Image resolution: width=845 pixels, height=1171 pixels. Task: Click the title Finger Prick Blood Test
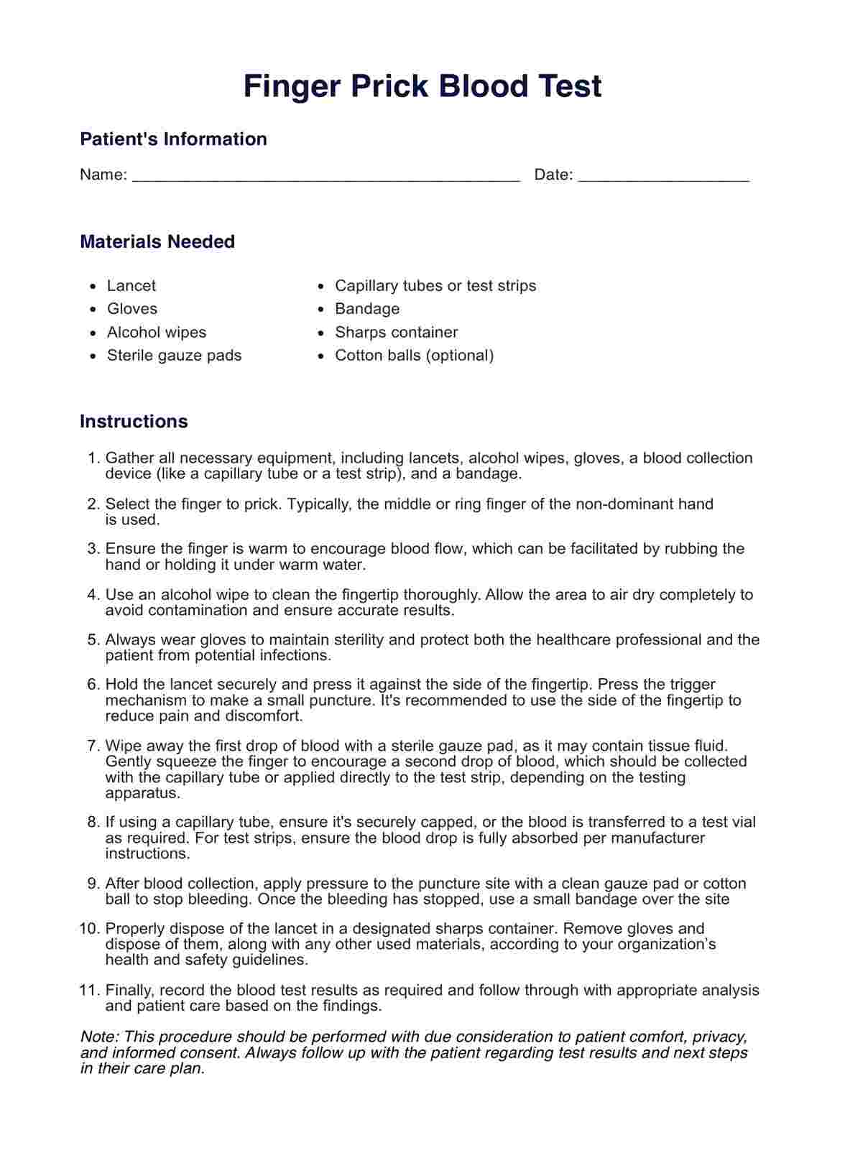coord(422,86)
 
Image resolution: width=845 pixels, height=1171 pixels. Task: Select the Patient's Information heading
coord(173,139)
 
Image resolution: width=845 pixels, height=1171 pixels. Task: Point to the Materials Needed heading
coord(157,241)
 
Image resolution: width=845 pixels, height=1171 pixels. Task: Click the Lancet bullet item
coord(131,286)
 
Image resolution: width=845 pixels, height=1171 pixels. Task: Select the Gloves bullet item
coord(132,309)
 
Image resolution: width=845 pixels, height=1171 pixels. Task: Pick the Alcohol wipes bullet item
coord(157,333)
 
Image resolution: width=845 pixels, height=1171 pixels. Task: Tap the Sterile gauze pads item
coord(175,356)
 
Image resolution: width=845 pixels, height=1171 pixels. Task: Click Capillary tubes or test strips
coord(435,286)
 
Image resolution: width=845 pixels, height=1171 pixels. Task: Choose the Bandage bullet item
coord(367,309)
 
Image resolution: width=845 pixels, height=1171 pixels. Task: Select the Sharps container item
coord(396,333)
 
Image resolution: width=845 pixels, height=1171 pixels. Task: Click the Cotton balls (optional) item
coord(414,356)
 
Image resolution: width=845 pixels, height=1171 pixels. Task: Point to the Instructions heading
coord(134,421)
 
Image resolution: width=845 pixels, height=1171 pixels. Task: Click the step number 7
coord(93,746)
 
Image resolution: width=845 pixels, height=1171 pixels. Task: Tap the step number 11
coord(88,991)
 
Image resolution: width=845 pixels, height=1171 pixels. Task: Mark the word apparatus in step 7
coord(142,793)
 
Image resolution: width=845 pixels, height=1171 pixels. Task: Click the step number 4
coord(93,595)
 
